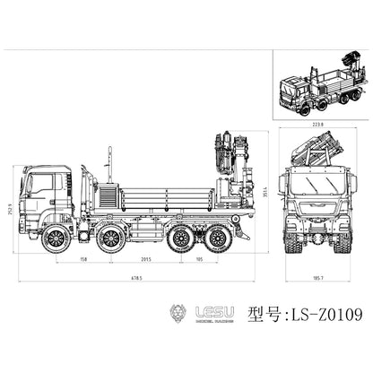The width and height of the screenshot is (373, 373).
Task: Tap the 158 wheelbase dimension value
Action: tap(83, 261)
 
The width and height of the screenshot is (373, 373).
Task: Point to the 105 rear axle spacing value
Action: tap(198, 261)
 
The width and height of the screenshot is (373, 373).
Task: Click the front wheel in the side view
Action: tap(57, 238)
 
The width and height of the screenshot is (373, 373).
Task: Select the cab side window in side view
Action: tap(41, 184)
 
